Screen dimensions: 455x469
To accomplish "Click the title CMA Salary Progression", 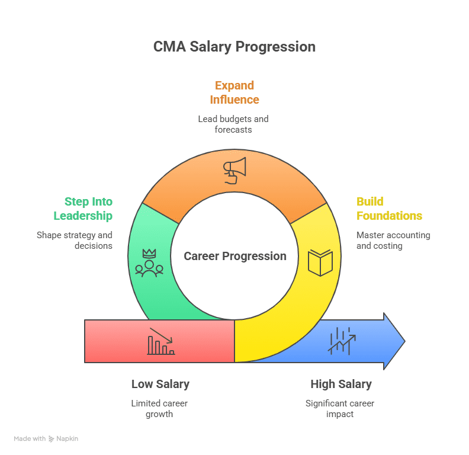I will tap(234, 47).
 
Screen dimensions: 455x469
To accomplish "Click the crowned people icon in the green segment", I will tap(149, 263).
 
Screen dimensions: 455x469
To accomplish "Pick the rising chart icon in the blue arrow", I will tap(342, 341).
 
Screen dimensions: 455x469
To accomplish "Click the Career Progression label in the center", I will tap(235, 256).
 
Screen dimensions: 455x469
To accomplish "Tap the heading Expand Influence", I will tap(234, 92).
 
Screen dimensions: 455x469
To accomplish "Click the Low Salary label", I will tap(160, 384).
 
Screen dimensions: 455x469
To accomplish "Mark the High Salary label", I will tap(341, 384).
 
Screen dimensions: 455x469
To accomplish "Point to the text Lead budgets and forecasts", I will tap(233, 124).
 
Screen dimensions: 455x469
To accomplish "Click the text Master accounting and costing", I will tap(393, 240).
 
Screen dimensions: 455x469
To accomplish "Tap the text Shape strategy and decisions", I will tap(75, 240).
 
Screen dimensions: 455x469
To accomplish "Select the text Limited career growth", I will tap(159, 409).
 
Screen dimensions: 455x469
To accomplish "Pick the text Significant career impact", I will tap(340, 409).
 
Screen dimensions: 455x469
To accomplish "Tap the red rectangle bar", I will tap(118, 341).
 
